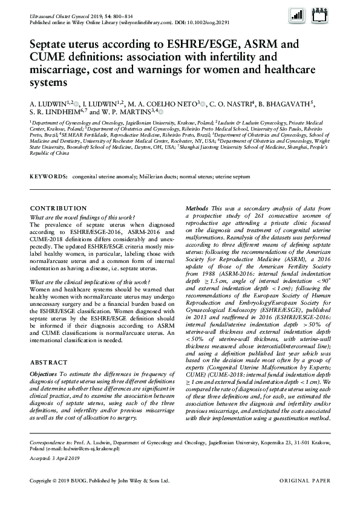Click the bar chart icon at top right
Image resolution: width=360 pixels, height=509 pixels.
point(297,16)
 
